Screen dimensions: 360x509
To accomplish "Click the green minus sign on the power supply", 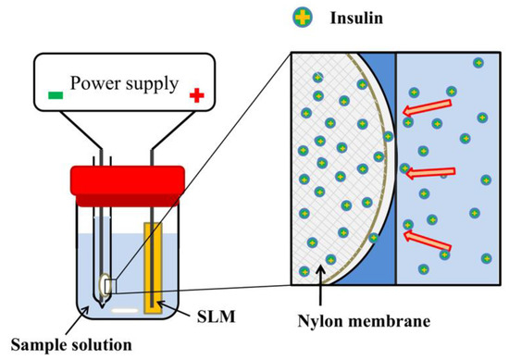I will point(56,93).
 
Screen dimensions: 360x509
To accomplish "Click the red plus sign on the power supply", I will point(195,93).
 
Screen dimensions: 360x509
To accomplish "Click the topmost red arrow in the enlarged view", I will point(430,111).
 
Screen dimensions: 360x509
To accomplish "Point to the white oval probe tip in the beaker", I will point(101,288).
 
